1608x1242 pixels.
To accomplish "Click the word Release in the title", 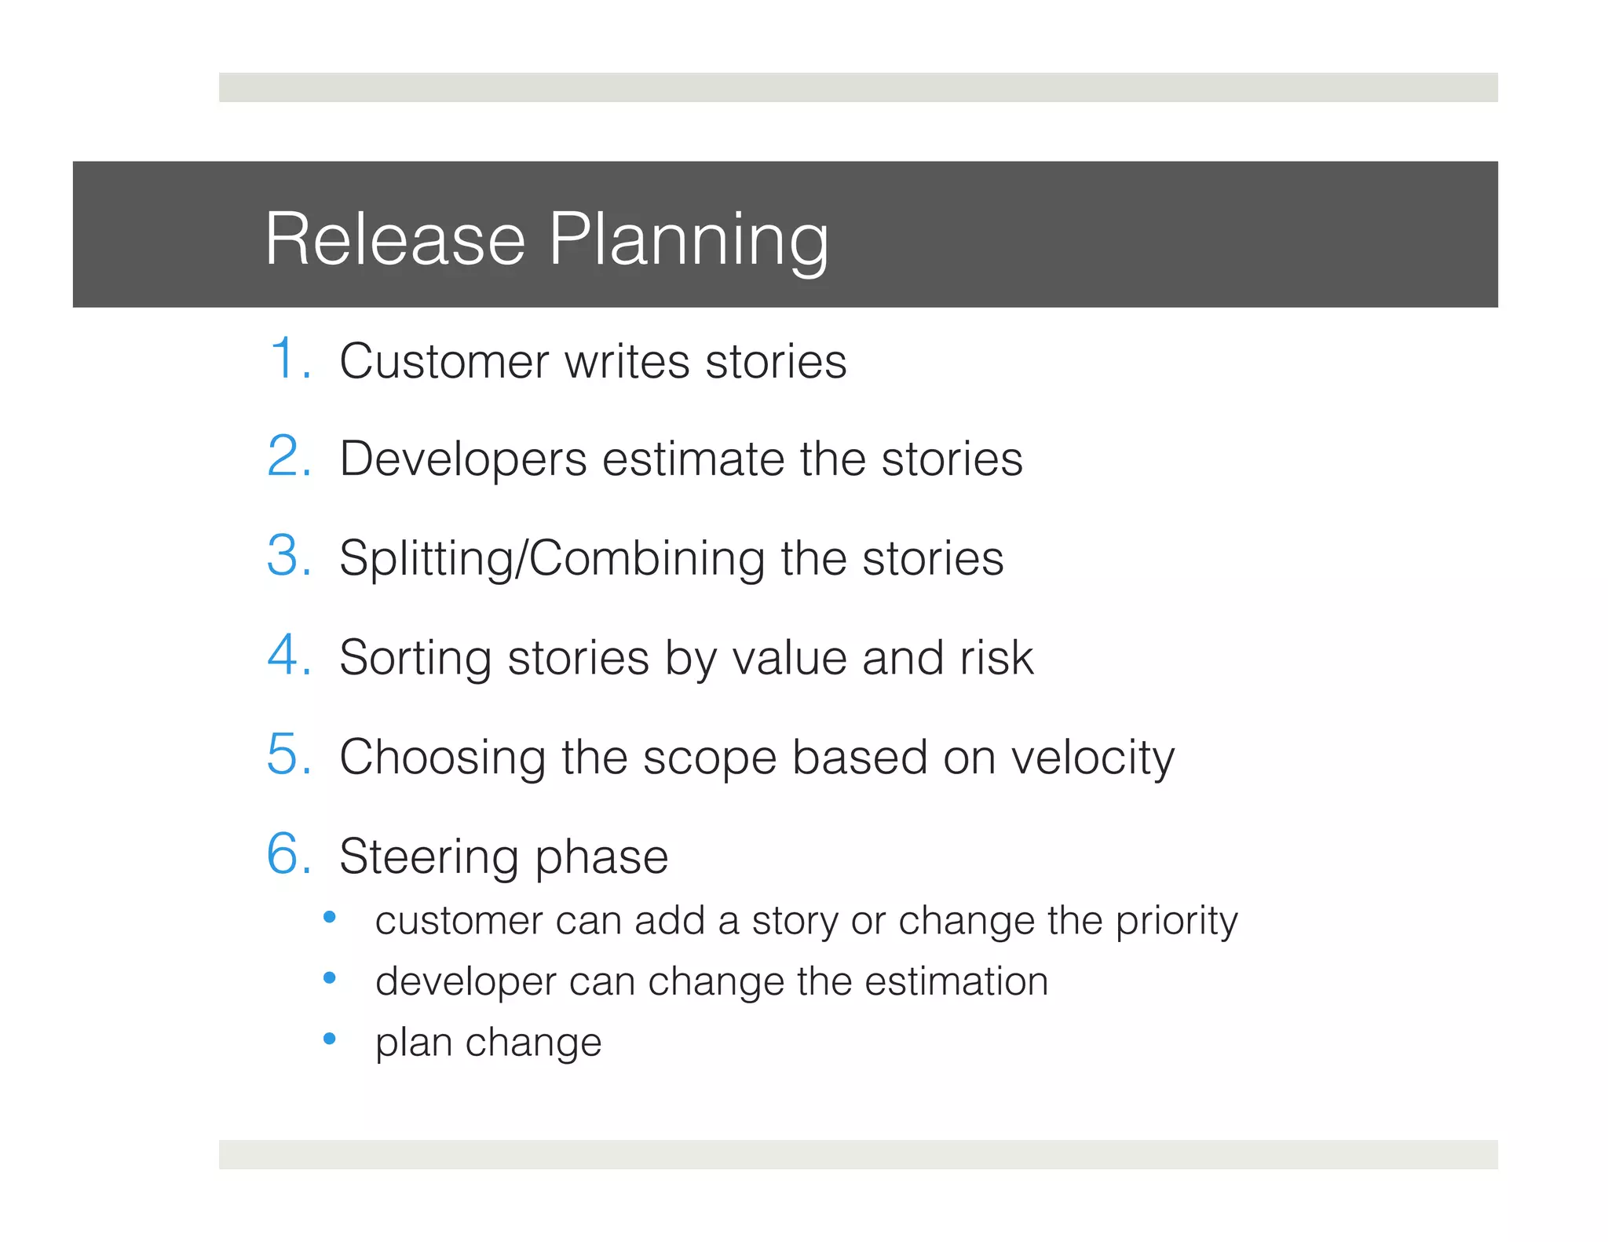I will [x=395, y=239].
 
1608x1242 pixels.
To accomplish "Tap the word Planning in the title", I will [x=688, y=239].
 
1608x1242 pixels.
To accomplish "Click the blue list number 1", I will [x=287, y=360].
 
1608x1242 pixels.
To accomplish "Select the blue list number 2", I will [x=288, y=457].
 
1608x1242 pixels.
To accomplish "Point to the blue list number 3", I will [x=288, y=556].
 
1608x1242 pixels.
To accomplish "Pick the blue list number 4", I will [x=288, y=656].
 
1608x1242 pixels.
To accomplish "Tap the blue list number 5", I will [x=288, y=754].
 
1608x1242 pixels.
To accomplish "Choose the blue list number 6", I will [x=288, y=854].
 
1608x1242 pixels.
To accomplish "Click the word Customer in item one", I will [x=444, y=362].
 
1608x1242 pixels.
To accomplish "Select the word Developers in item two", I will [x=463, y=460].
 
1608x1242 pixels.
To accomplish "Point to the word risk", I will [x=996, y=658].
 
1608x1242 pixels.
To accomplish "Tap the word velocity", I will [x=1092, y=758].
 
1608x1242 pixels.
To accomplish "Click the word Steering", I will [x=429, y=857].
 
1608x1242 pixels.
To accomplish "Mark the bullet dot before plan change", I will [x=330, y=1039].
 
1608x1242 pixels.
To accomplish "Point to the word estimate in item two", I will [x=693, y=460].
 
